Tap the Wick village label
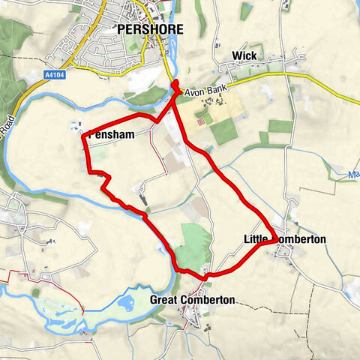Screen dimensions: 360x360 tap(244, 56)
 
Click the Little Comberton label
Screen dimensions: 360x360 tap(284, 239)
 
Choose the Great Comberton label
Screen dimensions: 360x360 tap(192, 300)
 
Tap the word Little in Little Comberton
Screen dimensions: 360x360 tap(256, 239)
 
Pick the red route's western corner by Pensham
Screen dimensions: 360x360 tap(84, 135)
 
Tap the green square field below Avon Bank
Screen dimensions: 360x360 tap(223, 133)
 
